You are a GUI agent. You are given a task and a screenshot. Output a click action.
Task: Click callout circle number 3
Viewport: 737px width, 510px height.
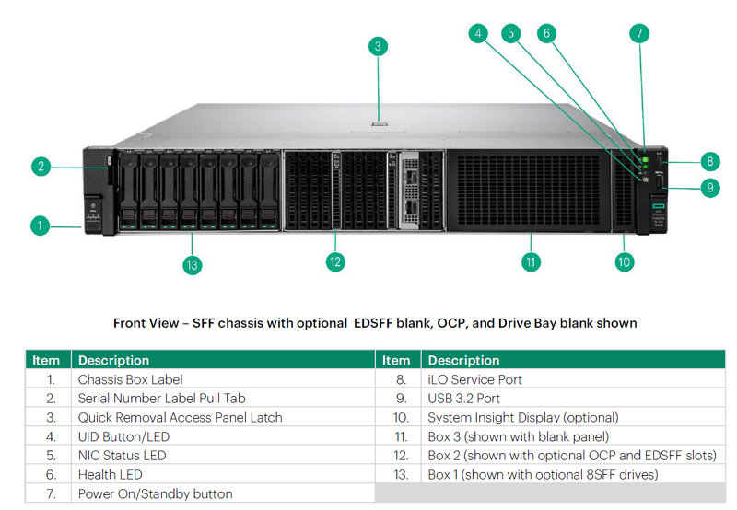click(x=378, y=47)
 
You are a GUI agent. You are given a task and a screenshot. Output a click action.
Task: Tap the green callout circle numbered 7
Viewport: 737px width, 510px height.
click(x=638, y=33)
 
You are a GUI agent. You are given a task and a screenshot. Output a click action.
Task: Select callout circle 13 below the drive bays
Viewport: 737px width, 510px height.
click(x=193, y=265)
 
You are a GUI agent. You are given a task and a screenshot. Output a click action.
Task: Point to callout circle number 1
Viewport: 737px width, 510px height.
click(x=40, y=226)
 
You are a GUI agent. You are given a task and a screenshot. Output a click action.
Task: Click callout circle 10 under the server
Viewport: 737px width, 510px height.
click(x=625, y=262)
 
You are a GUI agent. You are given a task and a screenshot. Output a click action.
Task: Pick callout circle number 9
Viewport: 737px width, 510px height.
click(x=710, y=188)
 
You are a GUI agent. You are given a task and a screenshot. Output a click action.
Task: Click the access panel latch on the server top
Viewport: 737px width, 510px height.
click(x=379, y=124)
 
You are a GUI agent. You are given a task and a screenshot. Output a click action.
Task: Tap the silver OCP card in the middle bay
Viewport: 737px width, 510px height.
click(x=410, y=191)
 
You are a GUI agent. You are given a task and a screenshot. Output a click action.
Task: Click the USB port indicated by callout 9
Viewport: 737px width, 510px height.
click(x=659, y=182)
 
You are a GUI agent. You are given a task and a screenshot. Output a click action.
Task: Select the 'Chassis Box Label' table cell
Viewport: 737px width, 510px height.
click(x=130, y=379)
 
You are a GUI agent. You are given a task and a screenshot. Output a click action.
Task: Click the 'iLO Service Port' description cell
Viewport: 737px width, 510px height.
click(x=474, y=379)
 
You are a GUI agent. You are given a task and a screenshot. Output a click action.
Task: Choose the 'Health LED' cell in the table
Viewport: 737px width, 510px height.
click(x=110, y=475)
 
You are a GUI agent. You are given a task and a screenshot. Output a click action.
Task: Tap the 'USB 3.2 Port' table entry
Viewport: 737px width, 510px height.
click(x=463, y=399)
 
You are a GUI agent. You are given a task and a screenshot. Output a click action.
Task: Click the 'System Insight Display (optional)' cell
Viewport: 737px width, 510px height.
click(x=523, y=418)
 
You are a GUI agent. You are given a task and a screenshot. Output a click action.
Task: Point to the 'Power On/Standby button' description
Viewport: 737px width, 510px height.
click(x=155, y=494)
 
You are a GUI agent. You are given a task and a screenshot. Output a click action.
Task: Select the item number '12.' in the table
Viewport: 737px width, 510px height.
click(x=401, y=456)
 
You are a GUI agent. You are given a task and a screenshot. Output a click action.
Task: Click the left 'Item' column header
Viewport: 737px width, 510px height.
click(x=46, y=360)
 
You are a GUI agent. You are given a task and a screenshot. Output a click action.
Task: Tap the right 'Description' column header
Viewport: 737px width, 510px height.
click(x=463, y=360)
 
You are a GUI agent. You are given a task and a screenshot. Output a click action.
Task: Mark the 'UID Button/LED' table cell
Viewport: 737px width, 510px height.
click(x=123, y=436)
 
